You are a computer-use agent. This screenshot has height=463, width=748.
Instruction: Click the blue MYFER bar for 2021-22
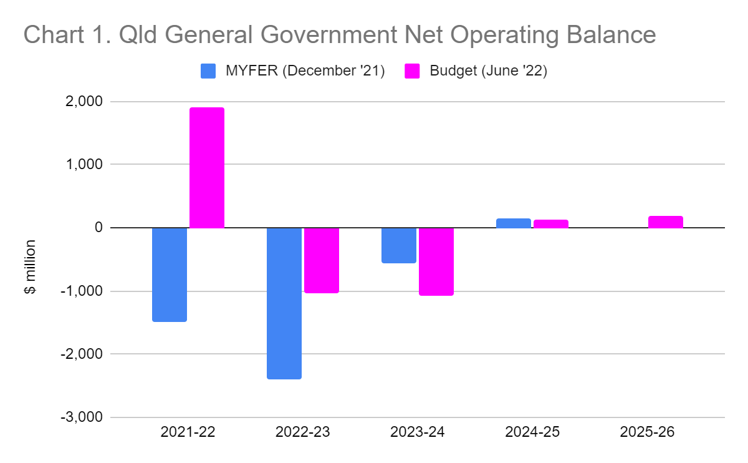170,275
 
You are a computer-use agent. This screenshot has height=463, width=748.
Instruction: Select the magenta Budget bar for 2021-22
207,168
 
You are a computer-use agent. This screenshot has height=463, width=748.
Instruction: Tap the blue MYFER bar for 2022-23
284,303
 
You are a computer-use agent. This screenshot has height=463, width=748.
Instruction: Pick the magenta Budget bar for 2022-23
322,260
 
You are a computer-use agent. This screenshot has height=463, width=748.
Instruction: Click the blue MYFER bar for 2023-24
399,245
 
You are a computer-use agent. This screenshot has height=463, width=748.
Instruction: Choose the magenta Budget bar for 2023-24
436,261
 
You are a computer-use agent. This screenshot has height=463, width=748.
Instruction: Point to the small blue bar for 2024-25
514,223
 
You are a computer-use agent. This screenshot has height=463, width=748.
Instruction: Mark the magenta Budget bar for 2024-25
551,224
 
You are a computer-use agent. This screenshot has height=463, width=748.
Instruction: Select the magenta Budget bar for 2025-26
666,222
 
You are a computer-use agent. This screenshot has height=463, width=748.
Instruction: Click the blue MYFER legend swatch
208,71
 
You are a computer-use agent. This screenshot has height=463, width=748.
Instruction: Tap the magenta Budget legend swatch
413,71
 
